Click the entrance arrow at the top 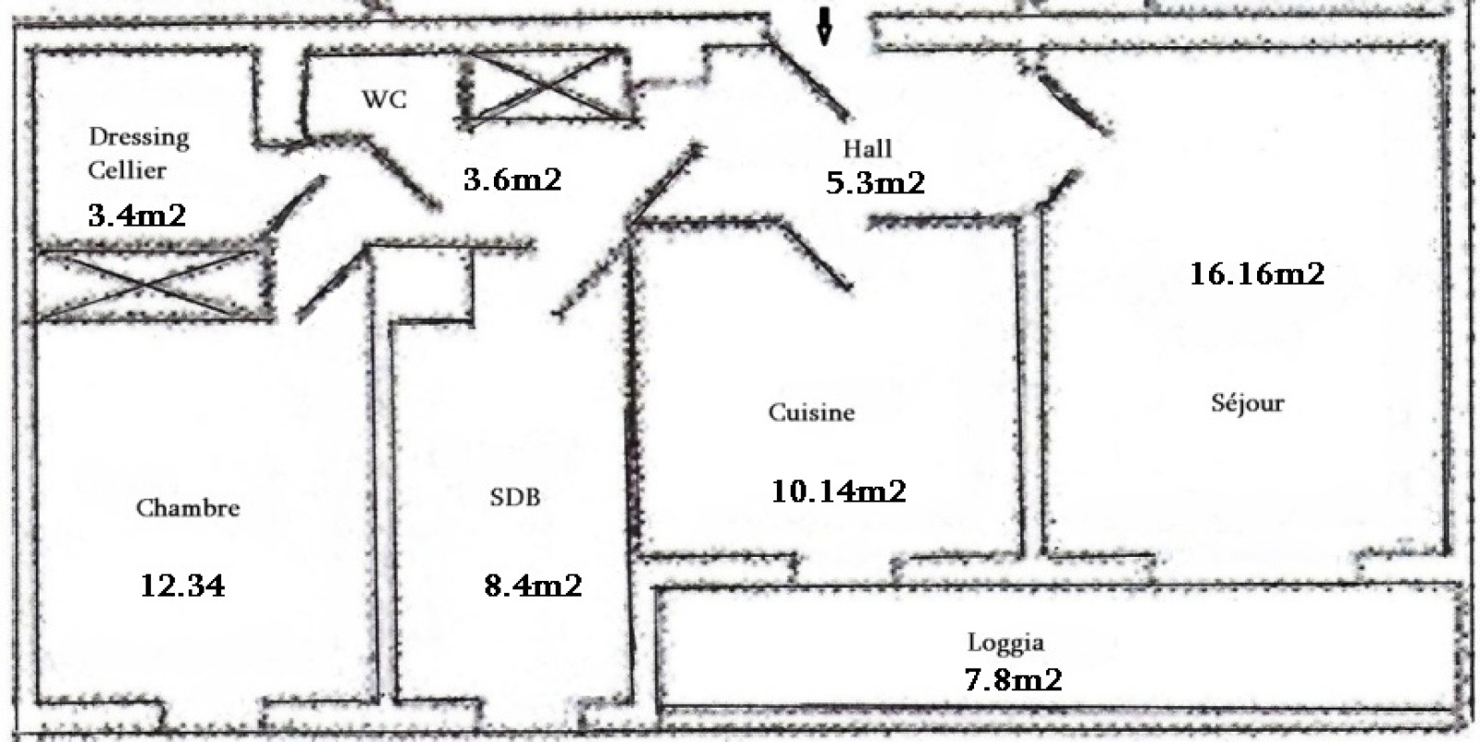pos(824,26)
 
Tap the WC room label pos(384,100)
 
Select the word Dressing pos(139,138)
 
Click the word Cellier pos(127,170)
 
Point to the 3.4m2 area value pos(137,216)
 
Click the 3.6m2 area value pos(512,179)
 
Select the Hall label pos(868,148)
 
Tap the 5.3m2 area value pos(875,182)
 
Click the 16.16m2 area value pos(1257,274)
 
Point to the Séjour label pos(1248,402)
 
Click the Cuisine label pos(811,413)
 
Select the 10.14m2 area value pos(838,491)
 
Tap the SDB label pos(514,497)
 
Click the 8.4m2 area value pos(533,586)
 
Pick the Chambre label pos(188,507)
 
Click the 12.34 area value pos(182,586)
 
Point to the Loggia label pos(1005,643)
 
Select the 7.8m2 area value pos(1014,679)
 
